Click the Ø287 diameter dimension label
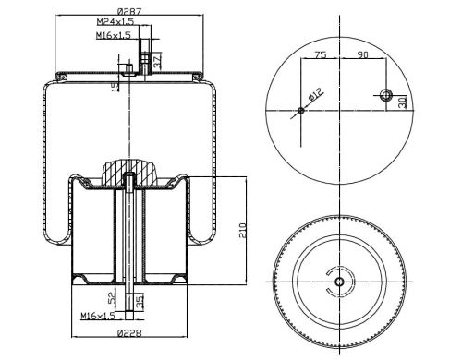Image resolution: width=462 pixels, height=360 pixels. coord(129,12)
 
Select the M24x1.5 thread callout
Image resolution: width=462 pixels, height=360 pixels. coord(115,21)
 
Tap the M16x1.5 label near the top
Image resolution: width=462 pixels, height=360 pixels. coord(114,35)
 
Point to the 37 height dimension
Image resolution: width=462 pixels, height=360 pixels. coord(157,61)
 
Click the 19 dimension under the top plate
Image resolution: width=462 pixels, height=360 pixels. coord(115,87)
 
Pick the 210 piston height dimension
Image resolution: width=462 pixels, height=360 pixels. coord(243,231)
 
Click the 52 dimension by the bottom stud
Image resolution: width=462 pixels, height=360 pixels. coord(112,297)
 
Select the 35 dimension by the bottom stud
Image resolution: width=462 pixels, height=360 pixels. coord(140,301)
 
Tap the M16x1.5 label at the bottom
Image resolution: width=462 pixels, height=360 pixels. coord(98,316)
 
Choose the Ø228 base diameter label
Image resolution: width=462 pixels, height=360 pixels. coord(129,333)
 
